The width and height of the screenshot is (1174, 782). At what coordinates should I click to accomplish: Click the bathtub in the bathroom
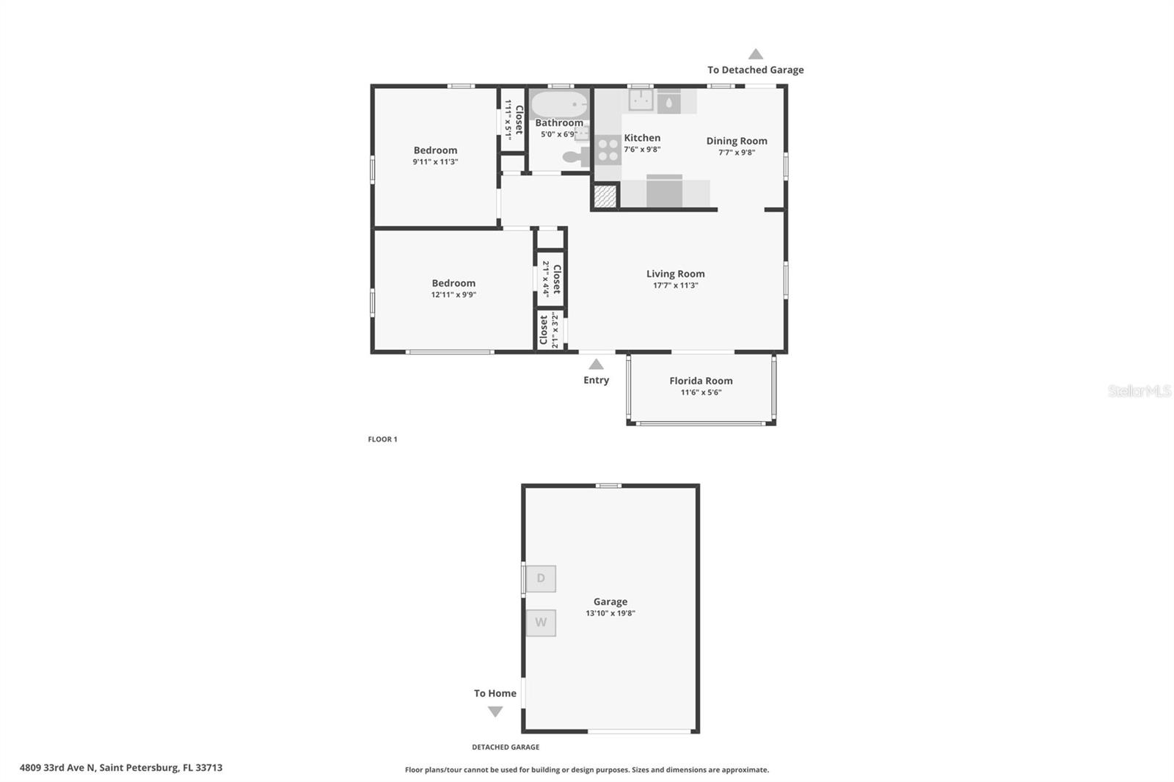click(559, 104)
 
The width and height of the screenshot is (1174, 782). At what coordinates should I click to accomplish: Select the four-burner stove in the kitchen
click(608, 150)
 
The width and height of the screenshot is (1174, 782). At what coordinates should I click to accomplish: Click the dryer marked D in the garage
click(541, 578)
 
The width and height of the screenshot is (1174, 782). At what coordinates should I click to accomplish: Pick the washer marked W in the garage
click(541, 623)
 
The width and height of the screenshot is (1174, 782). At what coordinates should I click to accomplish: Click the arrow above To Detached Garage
click(755, 54)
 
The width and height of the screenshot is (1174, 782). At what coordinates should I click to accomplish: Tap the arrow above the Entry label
click(596, 364)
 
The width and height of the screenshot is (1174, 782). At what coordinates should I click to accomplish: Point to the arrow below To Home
click(495, 711)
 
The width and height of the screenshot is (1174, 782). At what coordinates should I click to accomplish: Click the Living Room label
click(675, 274)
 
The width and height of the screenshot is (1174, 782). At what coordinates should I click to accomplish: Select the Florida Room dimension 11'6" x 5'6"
click(701, 392)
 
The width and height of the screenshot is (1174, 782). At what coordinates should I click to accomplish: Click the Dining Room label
click(737, 141)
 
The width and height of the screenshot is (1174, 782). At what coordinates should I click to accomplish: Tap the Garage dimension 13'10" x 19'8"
click(610, 613)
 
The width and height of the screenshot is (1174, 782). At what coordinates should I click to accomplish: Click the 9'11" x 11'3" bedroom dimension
click(435, 162)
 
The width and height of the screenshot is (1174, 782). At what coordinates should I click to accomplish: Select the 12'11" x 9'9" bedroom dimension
click(453, 295)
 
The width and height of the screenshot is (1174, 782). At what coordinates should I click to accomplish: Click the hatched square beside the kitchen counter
click(605, 196)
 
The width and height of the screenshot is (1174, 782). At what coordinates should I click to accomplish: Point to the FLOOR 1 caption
click(382, 439)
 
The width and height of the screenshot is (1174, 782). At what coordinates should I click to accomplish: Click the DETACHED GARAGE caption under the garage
click(506, 747)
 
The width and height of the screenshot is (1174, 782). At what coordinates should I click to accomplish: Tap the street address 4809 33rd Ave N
click(121, 768)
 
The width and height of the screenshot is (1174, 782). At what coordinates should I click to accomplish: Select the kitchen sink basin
click(641, 100)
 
